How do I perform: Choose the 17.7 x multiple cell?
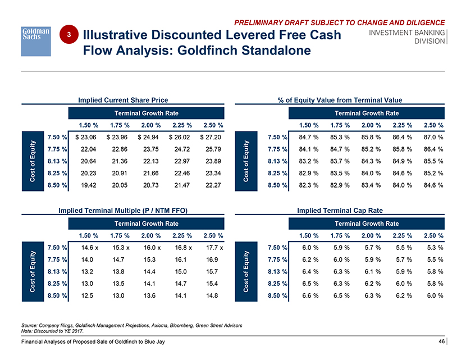pos(211,248)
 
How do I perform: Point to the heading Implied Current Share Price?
pos(123,100)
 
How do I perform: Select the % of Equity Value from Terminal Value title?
pos(340,100)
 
